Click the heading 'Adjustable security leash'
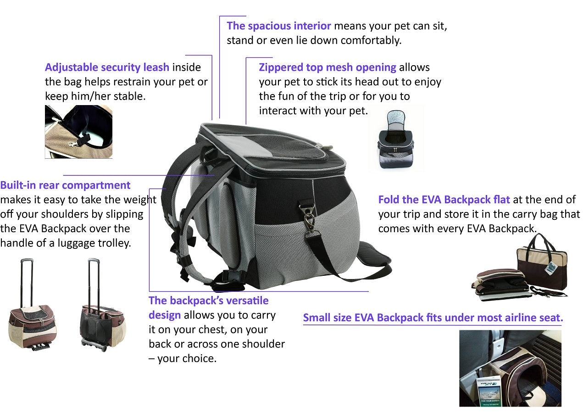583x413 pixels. [107, 67]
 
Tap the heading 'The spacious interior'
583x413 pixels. [278, 26]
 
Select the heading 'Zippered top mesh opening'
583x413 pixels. [327, 67]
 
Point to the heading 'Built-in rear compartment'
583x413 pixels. [65, 185]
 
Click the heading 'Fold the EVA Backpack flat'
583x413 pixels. [444, 200]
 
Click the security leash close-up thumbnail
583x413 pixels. [78, 132]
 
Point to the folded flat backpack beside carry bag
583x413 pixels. [500, 285]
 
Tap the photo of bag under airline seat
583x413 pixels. [510, 368]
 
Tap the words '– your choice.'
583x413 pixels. [182, 358]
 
